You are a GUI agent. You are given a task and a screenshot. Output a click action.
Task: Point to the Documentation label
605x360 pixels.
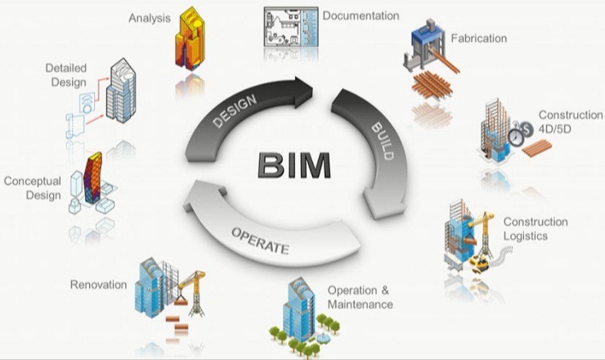[x=361, y=16]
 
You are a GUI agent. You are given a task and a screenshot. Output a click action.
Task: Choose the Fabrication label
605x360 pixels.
[x=479, y=38]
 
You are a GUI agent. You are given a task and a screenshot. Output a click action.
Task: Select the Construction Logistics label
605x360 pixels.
[x=536, y=229]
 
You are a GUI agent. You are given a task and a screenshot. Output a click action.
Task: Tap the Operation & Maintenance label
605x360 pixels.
[x=360, y=298]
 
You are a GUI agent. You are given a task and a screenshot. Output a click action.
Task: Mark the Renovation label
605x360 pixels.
[x=98, y=285]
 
